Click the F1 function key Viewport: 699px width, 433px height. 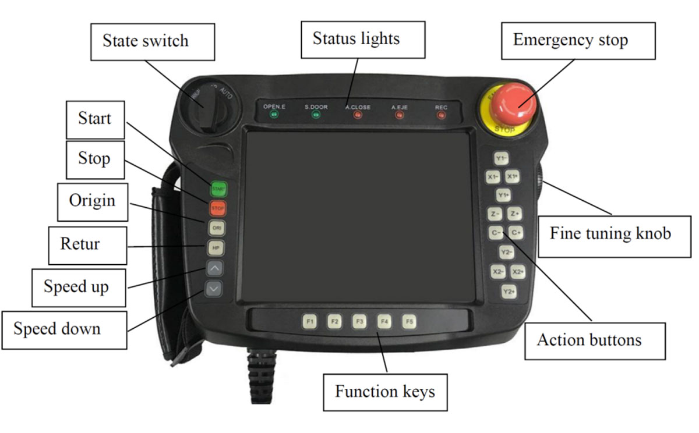pos(310,321)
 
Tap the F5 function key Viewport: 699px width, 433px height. pos(409,321)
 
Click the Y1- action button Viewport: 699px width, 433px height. pos(502,158)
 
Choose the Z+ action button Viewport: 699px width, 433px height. pos(514,214)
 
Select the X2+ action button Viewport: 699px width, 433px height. pos(518,272)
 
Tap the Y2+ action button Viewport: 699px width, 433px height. pos(509,292)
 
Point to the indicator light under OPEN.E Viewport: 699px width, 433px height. pos(273,115)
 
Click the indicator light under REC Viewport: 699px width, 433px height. pos(442,115)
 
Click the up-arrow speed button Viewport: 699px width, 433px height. pos(214,268)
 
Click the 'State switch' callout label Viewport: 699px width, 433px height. pos(145,41)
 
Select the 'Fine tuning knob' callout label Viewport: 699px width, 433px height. pos(610,234)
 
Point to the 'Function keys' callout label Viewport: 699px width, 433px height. pos(384,391)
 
